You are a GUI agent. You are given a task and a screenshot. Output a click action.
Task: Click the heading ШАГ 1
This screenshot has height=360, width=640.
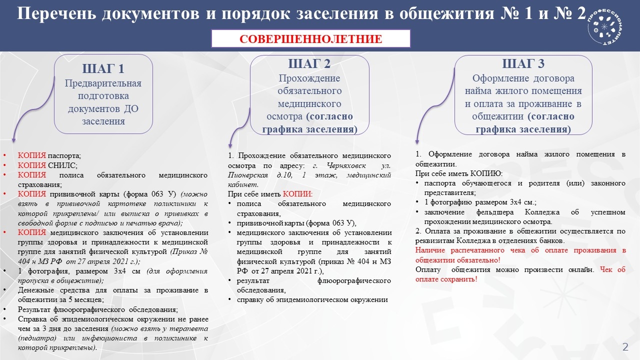click(103, 69)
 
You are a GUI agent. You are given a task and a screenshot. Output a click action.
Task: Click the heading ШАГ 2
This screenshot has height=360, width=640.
click(309, 63)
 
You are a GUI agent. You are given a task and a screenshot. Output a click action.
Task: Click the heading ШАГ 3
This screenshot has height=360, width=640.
click(523, 63)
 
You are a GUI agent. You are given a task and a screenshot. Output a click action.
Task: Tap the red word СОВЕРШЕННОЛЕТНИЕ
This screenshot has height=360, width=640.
click(311, 39)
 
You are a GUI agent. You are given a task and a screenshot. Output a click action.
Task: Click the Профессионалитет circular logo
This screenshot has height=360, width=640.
click(604, 26)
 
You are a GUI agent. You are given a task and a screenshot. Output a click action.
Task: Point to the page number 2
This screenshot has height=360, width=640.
click(625, 347)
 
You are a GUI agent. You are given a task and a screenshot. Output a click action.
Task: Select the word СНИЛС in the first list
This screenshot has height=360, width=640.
click(61, 165)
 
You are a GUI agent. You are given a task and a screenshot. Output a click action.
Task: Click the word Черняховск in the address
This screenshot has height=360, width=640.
click(346, 165)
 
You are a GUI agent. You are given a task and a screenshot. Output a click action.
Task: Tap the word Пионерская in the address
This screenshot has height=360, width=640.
click(248, 175)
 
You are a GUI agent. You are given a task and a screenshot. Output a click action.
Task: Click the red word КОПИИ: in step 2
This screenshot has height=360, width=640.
click(297, 194)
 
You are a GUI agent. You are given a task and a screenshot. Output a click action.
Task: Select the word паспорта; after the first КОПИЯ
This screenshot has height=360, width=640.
click(64, 155)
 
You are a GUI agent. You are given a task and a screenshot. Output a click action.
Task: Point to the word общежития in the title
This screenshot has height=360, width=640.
click(446, 13)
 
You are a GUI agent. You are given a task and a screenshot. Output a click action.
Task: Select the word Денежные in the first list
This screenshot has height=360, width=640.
click(36, 290)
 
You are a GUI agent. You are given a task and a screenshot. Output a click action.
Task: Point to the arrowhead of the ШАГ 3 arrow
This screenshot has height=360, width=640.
click(417, 142)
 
